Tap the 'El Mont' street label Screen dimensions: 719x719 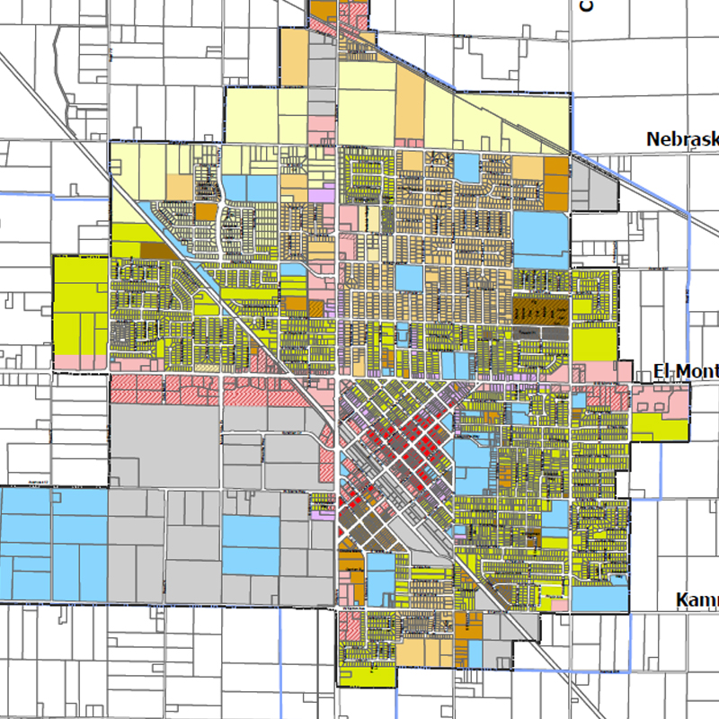click(686, 372)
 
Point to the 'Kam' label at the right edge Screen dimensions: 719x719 click(697, 600)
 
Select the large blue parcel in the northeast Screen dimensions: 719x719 click(540, 232)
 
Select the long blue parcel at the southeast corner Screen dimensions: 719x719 click(599, 596)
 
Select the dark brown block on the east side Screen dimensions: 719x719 click(540, 309)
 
